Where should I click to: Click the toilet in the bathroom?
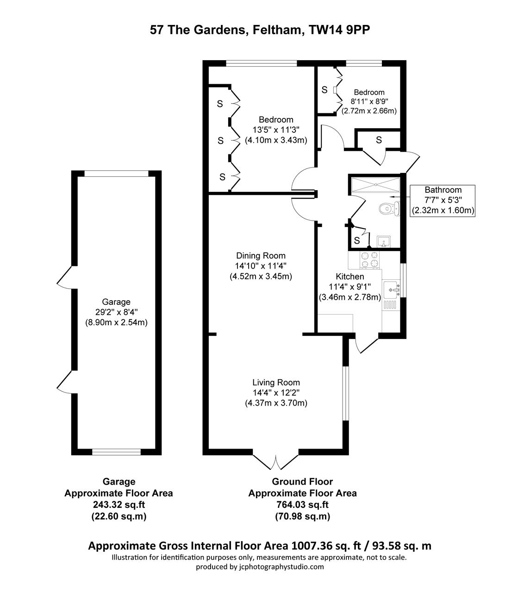pos(387,209)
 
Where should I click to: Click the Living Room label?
pos(276,382)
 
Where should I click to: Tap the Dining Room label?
pos(261,256)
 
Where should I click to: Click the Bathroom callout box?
pos(443,200)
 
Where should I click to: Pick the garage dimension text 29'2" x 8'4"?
pos(116,313)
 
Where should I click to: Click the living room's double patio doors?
pos(276,461)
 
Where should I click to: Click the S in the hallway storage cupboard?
pos(379,140)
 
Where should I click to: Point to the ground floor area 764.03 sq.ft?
pos(302,505)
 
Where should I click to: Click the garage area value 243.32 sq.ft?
pos(119,505)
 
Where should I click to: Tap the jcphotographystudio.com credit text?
pos(260,567)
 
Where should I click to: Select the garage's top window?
pos(116,173)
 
